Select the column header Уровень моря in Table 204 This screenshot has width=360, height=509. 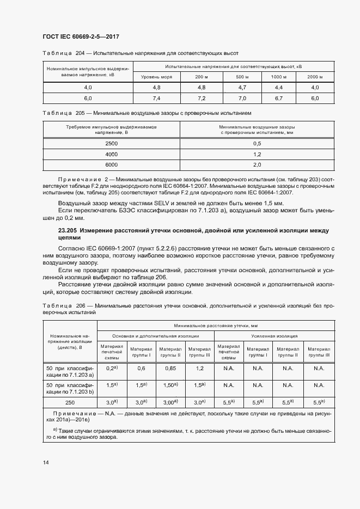156,77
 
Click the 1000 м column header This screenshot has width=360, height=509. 279,77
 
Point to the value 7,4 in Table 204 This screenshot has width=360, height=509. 156,99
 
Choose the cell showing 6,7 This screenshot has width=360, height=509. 279,99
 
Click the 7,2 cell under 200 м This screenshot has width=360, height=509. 201,99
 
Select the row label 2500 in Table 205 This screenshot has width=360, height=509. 111,143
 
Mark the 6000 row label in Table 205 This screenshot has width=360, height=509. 111,164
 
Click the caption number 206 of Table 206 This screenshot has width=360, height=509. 83,306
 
